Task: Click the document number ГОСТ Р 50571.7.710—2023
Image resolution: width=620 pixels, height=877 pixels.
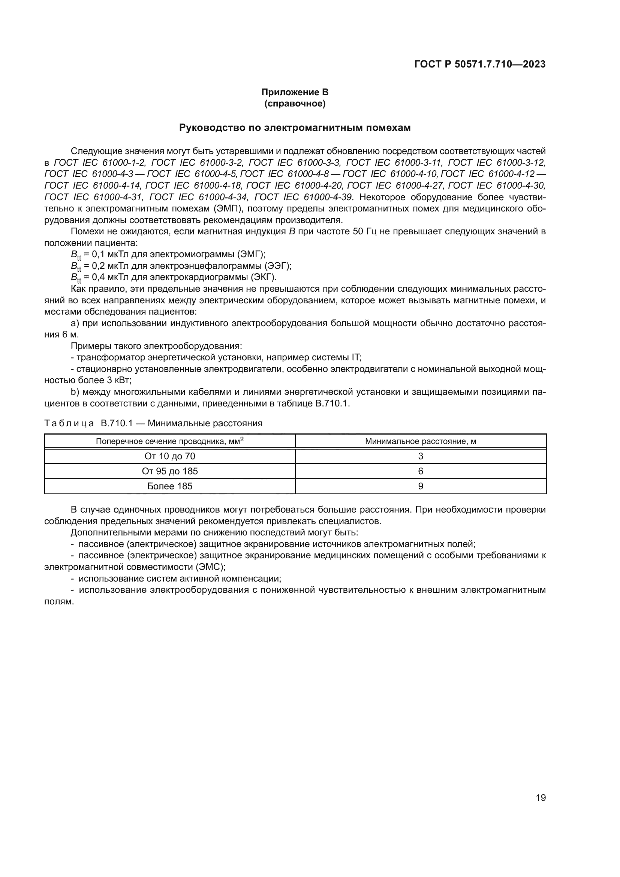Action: point(480,64)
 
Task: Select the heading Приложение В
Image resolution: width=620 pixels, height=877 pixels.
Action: point(295,92)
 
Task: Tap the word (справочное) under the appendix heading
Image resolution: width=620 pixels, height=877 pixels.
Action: point(295,103)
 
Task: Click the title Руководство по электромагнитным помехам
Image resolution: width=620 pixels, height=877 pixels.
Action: point(295,128)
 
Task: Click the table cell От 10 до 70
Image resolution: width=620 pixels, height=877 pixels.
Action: point(170,456)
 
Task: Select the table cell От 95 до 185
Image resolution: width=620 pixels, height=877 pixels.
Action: point(170,471)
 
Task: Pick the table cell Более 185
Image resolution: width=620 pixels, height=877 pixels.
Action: point(170,486)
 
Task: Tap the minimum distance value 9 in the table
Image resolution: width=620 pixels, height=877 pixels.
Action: point(420,486)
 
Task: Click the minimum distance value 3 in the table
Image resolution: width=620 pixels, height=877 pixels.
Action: point(420,456)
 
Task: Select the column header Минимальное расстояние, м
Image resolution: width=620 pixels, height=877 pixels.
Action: point(420,441)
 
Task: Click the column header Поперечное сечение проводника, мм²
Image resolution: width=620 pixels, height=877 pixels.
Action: point(170,441)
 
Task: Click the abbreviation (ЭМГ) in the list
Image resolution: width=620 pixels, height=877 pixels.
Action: point(251,254)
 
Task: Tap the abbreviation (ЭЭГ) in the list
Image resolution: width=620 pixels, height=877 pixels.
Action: point(278,266)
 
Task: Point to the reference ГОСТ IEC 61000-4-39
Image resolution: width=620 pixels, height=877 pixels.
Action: point(304,197)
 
